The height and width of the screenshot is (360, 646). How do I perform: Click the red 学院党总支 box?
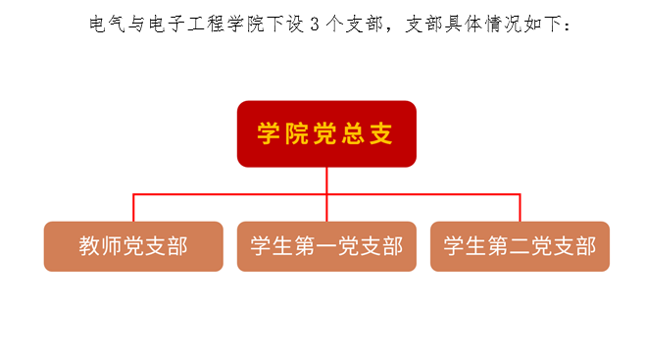point(326,133)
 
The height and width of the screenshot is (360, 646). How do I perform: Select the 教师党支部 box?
point(133,246)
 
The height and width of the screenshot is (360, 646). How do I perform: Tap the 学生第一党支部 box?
point(326,246)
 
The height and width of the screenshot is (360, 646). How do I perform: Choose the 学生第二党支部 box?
point(520,246)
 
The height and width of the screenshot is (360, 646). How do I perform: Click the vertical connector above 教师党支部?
point(133,208)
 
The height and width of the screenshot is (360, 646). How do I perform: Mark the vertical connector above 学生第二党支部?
point(520,208)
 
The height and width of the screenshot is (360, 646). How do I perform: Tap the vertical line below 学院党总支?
point(326,180)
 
